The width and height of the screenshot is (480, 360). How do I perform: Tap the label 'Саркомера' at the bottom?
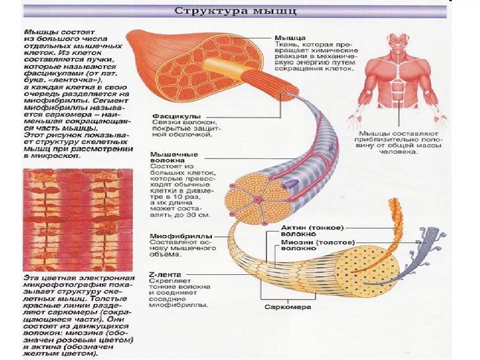coord(287,307)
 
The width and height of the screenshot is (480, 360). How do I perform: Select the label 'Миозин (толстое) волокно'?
coord(317,245)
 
